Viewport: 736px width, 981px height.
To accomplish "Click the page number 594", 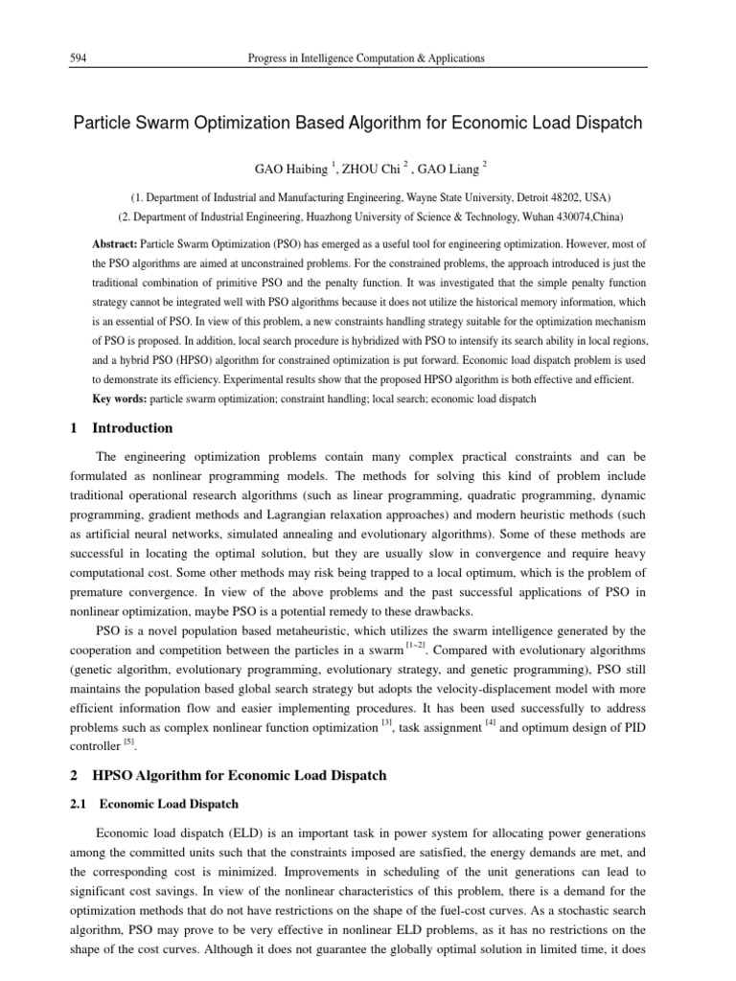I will (x=80, y=58).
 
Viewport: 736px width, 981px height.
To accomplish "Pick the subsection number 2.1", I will (x=80, y=804).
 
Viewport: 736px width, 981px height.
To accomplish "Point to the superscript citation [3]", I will (x=386, y=723).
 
